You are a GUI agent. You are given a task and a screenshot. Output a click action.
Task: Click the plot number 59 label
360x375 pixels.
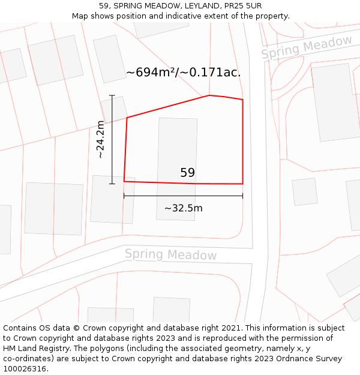point(187,173)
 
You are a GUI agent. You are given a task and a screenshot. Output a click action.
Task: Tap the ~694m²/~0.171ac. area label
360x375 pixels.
point(183,73)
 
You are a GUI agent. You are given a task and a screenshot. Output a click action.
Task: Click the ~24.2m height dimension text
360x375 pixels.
point(101,139)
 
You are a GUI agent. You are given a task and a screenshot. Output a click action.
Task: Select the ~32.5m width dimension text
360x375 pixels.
point(183,208)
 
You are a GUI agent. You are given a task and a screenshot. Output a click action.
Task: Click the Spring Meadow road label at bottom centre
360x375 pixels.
point(170,254)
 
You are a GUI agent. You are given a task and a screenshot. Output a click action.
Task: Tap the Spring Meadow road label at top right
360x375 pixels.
point(307,47)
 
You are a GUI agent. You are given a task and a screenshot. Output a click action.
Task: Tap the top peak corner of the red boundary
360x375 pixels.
point(209,95)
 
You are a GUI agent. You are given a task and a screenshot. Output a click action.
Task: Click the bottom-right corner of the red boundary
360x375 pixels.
point(242,184)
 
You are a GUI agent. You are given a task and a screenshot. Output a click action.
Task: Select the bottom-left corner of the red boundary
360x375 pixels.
point(124,181)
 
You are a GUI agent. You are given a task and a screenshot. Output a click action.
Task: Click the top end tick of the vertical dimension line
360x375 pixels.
point(112,95)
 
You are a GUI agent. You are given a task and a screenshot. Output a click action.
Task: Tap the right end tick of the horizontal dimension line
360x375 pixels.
point(242,196)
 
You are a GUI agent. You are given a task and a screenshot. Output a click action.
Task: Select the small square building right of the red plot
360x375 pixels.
point(305,191)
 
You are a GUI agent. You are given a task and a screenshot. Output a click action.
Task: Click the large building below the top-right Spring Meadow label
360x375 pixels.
point(335,102)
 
